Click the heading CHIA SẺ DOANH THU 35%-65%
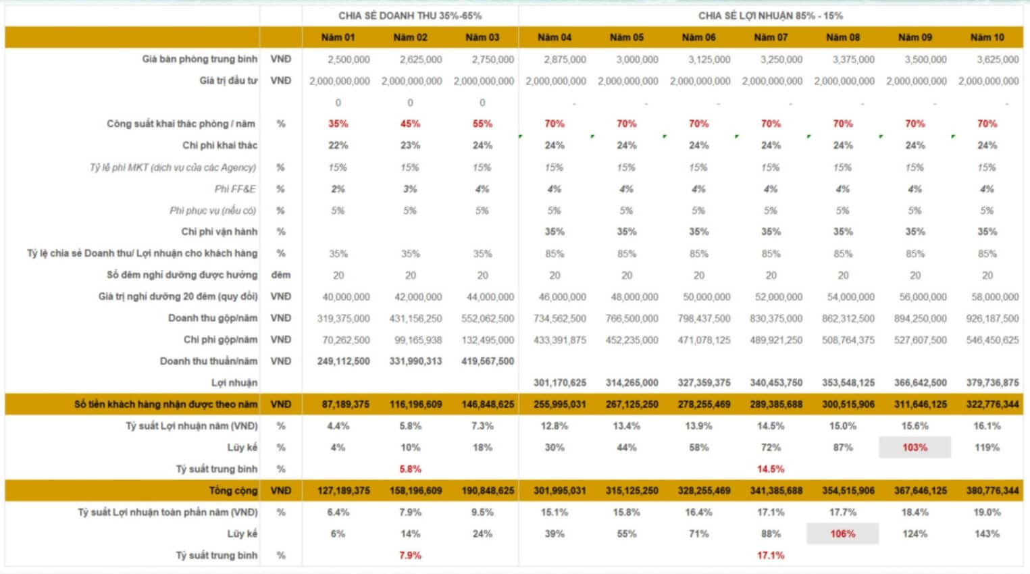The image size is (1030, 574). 410,16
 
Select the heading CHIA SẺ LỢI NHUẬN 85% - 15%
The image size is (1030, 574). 770,16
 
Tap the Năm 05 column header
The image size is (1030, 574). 626,37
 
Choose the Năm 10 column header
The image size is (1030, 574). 987,37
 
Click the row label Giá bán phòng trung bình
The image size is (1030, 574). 199,59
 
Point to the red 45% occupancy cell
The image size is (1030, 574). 410,124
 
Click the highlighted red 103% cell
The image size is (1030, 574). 915,447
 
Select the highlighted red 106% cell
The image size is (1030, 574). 842,533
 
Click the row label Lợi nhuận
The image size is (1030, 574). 234,382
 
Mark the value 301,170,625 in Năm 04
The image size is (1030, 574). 559,382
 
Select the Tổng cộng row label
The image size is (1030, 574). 233,490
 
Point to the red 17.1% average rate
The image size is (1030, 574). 770,555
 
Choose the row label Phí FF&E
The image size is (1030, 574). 235,189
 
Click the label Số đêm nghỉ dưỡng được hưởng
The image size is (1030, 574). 182,275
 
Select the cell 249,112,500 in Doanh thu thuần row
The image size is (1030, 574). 343,361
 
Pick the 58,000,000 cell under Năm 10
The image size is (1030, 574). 992,296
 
